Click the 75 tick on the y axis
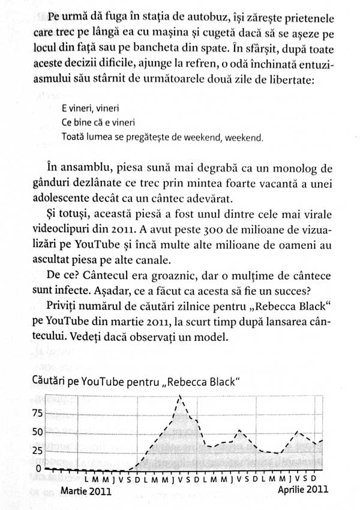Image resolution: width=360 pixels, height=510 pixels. [38, 413]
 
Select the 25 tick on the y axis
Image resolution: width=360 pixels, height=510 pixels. [38, 450]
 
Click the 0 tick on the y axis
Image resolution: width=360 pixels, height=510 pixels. [41, 469]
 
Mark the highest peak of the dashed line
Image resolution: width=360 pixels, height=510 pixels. [180, 397]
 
